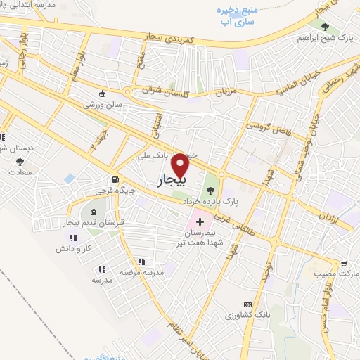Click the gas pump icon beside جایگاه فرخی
coord(112,179)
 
